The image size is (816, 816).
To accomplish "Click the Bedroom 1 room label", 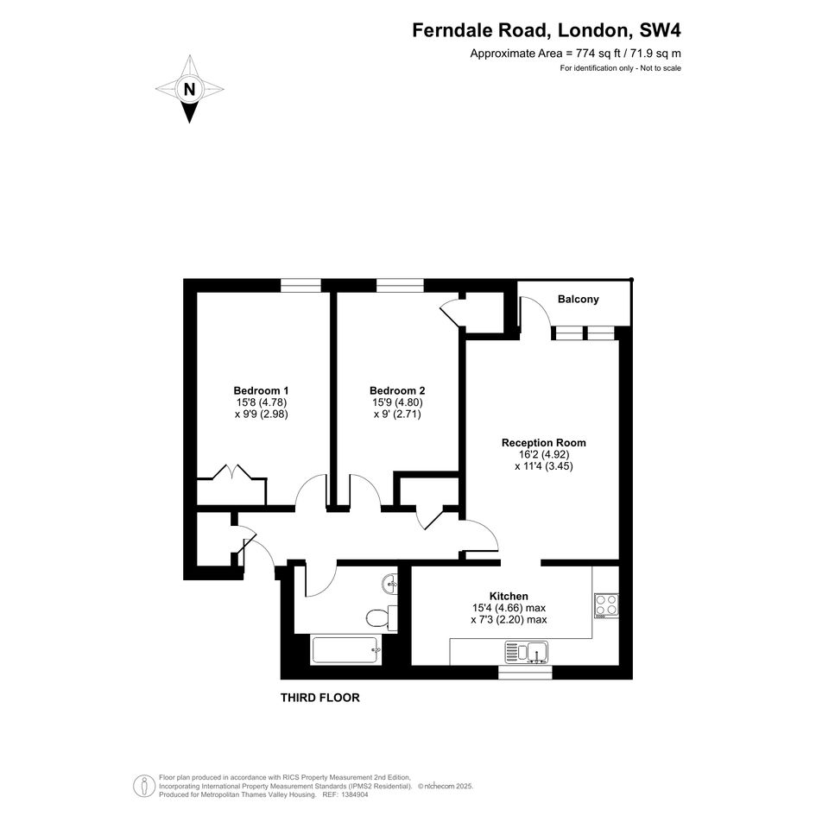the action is tap(261, 391).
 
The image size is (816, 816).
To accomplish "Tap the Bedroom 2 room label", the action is tap(397, 391).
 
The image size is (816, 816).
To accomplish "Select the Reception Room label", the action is tap(543, 443).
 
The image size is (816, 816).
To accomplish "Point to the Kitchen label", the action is tap(509, 597).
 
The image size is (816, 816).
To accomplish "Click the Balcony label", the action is tap(579, 300).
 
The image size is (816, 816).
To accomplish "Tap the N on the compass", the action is tap(189, 90).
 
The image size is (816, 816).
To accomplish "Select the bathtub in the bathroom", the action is tap(346, 650).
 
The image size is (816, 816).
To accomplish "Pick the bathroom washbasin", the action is tap(389, 585).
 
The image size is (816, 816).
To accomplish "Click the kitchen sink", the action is tap(527, 653).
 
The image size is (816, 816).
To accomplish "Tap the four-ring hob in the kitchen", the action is tap(606, 606).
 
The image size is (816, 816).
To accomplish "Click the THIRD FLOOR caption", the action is tap(320, 698).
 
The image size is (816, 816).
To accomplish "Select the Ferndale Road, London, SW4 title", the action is tap(546, 30).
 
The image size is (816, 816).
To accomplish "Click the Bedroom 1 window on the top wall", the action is tap(300, 285).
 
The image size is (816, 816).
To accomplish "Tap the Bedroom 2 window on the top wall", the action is tap(400, 285).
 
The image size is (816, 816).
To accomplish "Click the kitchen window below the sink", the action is tap(525, 673).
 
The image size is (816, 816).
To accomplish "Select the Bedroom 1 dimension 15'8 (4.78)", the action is tap(262, 402).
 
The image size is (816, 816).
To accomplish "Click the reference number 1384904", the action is tap(353, 794).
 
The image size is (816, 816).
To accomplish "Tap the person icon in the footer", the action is tap(141, 786).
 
